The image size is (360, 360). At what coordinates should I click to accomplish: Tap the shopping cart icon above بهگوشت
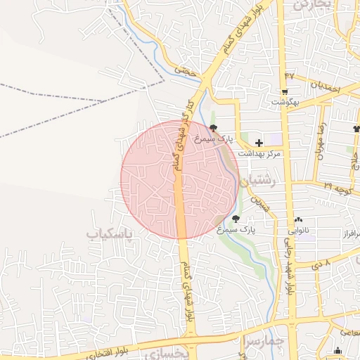tap(285, 92)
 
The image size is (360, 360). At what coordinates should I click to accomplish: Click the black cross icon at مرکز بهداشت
tap(259, 143)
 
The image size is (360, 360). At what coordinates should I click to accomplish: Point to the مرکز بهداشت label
tap(259, 153)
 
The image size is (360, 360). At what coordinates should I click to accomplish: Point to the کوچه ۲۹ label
tap(338, 188)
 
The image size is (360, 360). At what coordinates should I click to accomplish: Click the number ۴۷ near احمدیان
tap(288, 75)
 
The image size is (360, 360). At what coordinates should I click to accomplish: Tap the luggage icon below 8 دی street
tap(337, 351)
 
